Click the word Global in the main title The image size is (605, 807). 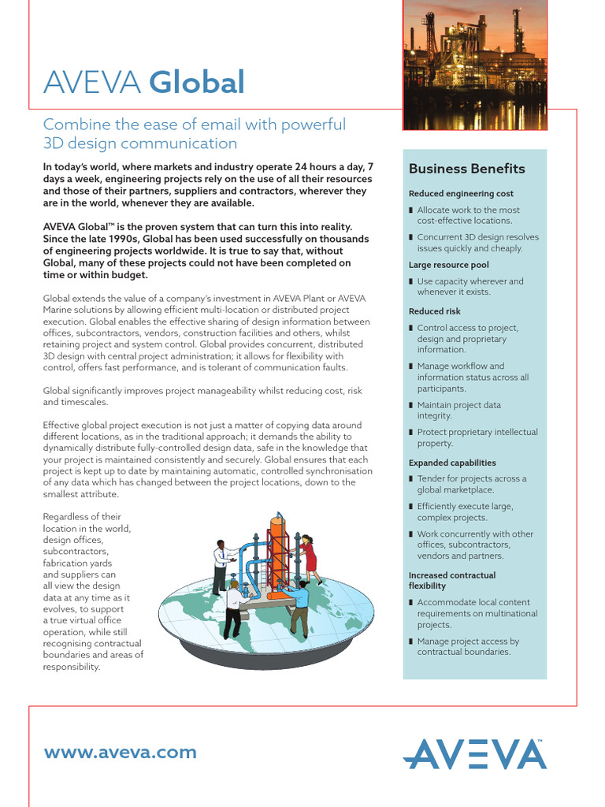point(196,83)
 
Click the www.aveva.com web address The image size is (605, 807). point(121,752)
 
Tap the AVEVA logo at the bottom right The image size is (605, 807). point(474,753)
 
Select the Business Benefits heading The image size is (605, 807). point(466,169)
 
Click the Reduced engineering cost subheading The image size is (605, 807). point(461,194)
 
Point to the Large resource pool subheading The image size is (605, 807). point(448,265)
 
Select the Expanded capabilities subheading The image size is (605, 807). point(452,463)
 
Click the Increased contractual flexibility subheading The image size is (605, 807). point(451,581)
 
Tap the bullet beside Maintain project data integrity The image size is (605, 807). point(411,406)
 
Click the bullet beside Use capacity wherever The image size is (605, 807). point(411,281)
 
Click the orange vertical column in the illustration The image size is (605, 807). point(277,552)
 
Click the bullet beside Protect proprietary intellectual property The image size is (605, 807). point(411,433)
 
